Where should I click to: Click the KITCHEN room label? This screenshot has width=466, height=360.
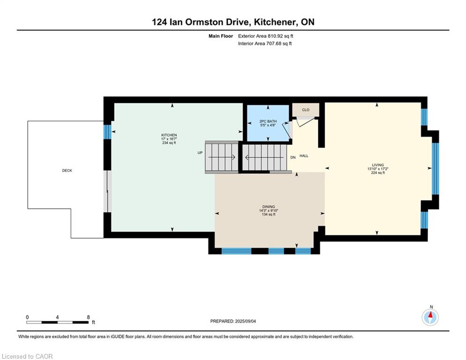click(x=169, y=135)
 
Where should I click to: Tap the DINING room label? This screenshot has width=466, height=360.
click(x=268, y=206)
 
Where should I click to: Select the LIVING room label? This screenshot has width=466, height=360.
click(x=378, y=165)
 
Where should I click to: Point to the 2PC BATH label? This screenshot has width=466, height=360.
click(x=268, y=121)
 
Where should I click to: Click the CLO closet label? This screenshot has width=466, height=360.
click(x=305, y=110)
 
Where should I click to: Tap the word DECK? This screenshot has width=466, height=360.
click(x=67, y=171)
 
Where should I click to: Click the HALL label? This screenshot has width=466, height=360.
click(x=304, y=156)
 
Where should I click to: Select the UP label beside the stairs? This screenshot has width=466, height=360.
click(x=200, y=153)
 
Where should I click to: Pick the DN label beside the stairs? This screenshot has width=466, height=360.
click(x=293, y=157)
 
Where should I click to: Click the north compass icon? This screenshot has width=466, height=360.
click(x=430, y=317)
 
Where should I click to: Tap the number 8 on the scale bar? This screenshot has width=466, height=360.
click(x=88, y=317)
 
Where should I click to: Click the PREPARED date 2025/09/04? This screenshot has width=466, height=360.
click(x=245, y=321)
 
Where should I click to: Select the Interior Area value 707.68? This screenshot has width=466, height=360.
click(x=274, y=44)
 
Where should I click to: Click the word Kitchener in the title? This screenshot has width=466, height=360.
click(x=275, y=22)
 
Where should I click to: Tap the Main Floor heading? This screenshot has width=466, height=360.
click(x=221, y=36)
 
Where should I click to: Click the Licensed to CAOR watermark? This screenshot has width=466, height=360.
click(x=27, y=356)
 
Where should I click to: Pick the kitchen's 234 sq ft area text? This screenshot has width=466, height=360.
click(x=169, y=143)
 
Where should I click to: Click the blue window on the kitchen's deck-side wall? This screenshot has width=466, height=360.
click(x=107, y=132)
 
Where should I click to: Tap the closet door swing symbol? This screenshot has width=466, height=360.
click(x=305, y=121)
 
